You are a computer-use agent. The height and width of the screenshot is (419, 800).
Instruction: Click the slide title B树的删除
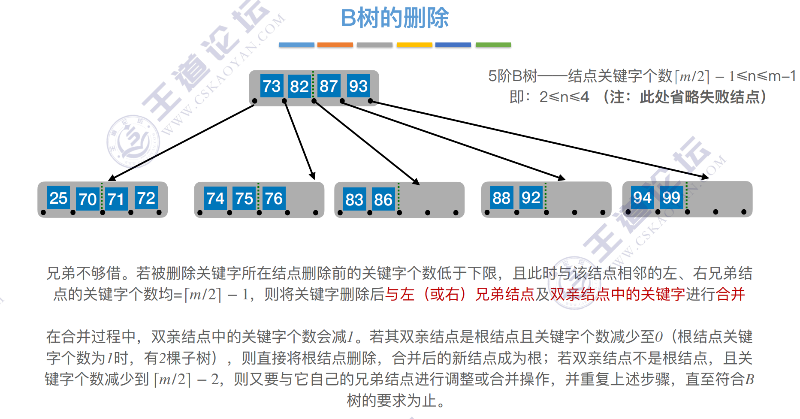point(395,18)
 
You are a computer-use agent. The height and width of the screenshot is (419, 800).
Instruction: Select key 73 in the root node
point(272,86)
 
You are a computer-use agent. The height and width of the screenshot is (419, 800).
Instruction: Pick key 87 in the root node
point(329,86)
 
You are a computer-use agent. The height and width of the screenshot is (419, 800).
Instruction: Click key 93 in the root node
point(358,86)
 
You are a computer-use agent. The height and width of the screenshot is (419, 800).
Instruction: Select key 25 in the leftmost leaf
point(58,198)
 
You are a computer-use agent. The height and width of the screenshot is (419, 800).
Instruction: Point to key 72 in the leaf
point(146,198)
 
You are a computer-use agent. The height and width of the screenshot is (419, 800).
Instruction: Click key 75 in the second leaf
point(244,199)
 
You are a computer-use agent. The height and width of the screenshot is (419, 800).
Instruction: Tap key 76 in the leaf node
point(274,199)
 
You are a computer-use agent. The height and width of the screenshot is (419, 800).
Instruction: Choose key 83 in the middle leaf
point(354,199)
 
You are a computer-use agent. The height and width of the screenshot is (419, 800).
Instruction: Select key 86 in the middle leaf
point(383,199)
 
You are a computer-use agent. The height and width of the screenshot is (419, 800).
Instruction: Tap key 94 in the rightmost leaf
point(642,198)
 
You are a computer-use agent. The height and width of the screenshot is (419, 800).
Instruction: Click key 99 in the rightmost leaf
point(671,198)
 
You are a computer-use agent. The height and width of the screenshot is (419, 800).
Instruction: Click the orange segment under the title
point(335,45)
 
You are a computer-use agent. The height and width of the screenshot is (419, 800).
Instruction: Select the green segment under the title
point(493,45)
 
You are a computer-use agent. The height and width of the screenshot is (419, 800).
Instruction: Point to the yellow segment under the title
point(414,45)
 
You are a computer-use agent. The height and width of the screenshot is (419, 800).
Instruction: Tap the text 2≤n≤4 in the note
point(564,97)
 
